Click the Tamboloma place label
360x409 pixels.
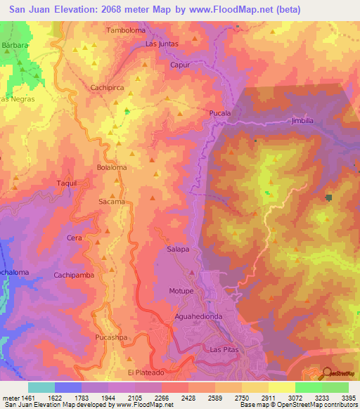tap(125, 30)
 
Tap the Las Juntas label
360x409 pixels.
tap(162, 44)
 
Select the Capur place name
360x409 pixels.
tap(181, 65)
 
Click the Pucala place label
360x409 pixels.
tap(220, 112)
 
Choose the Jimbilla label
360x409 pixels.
tap(304, 121)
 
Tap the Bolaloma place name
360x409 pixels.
tap(111, 168)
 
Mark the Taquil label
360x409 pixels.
tap(66, 183)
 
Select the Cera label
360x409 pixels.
tap(74, 238)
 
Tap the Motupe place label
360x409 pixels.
tap(181, 290)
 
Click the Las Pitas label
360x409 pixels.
tap(225, 349)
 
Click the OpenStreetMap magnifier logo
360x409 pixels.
tap(326, 372)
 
